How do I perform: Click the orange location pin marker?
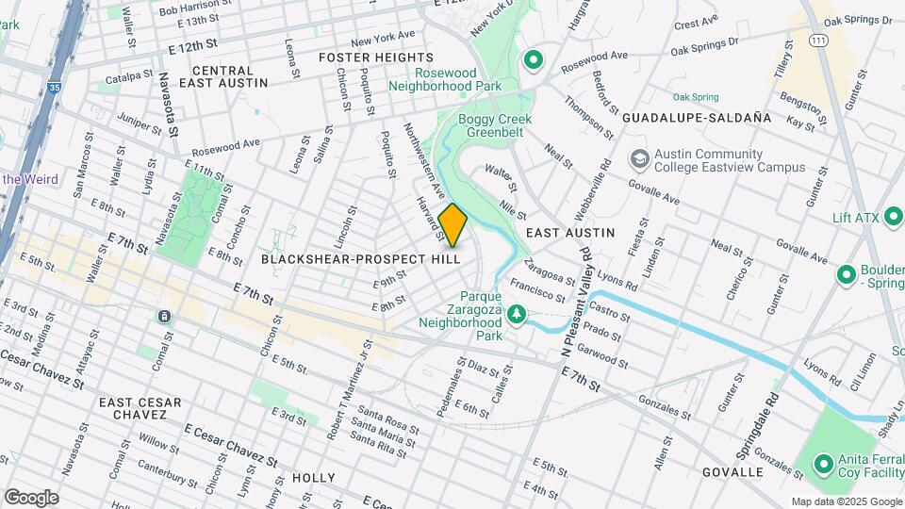click(452, 225)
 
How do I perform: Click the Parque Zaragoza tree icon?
click(516, 313)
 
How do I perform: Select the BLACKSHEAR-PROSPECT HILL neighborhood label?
click(361, 257)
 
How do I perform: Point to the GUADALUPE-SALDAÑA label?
click(697, 118)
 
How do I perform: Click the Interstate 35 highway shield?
click(55, 87)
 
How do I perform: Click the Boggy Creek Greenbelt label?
click(495, 126)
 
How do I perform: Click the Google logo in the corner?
click(31, 497)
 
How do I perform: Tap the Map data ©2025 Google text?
click(846, 501)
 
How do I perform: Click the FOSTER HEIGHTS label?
click(363, 57)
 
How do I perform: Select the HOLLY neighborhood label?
click(314, 478)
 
